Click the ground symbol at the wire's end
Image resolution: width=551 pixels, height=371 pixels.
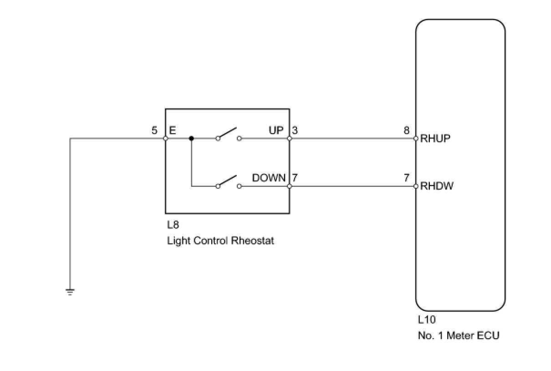click(x=70, y=292)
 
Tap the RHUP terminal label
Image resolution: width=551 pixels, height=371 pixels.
click(x=435, y=139)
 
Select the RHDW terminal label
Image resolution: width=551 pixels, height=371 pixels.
click(x=437, y=186)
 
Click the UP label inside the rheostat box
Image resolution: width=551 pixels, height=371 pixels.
click(x=276, y=130)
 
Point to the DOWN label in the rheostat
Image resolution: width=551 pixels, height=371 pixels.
click(x=269, y=178)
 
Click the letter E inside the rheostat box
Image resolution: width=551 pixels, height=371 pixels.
click(x=173, y=130)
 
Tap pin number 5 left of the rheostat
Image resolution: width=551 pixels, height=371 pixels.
click(x=154, y=130)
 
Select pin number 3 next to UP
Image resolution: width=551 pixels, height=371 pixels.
click(x=295, y=130)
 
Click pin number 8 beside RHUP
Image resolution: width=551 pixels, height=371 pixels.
click(x=407, y=130)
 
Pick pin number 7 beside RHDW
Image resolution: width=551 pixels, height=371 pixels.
click(x=407, y=178)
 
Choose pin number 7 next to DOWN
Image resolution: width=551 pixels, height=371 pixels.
click(x=295, y=178)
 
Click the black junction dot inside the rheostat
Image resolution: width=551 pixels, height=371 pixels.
click(x=191, y=139)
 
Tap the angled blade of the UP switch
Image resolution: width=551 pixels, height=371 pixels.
click(x=227, y=133)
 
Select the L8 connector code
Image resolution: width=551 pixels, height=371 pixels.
click(x=173, y=225)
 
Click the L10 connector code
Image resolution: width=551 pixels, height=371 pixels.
click(x=427, y=319)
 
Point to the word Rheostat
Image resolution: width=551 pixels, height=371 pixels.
click(x=253, y=241)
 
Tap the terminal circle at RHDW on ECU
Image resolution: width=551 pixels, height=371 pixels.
click(x=416, y=186)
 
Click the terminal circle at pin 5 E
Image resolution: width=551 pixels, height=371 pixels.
click(x=165, y=139)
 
